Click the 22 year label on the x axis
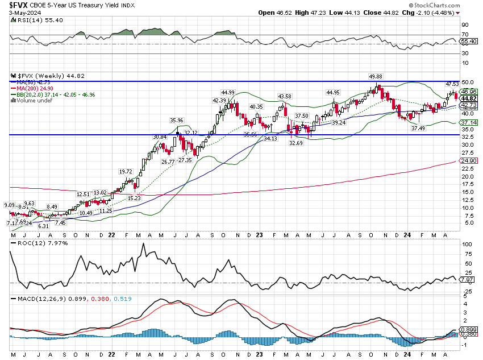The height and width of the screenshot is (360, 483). pos(113,234)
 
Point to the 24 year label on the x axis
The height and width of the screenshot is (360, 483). pos(407,234)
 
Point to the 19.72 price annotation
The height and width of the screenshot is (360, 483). pos(125,171)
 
